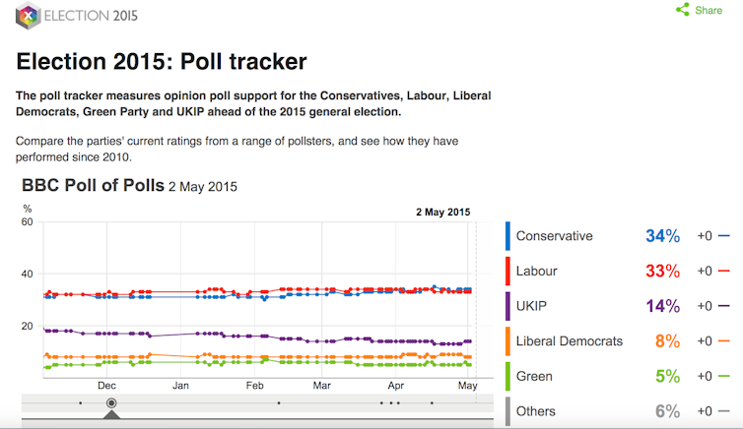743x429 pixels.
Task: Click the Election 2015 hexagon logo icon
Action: [29, 17]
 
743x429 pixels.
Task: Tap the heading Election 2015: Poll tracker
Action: [162, 61]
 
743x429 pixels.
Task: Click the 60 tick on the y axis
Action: [28, 222]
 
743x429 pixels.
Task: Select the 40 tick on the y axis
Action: [28, 275]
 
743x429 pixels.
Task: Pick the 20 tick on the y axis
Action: [28, 327]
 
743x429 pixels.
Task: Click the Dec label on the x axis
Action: [107, 386]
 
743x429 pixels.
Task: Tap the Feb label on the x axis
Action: [254, 386]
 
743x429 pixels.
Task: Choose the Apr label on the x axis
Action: [396, 386]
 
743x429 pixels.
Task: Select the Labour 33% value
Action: [663, 271]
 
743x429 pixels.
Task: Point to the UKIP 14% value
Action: [663, 306]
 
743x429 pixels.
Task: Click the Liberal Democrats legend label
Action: [570, 341]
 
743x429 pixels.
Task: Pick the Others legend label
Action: [536, 411]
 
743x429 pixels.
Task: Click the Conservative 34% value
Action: [663, 236]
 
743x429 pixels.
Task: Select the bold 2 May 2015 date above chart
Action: [442, 212]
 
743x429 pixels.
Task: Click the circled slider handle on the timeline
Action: [111, 402]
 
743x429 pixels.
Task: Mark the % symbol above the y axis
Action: [27, 209]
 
